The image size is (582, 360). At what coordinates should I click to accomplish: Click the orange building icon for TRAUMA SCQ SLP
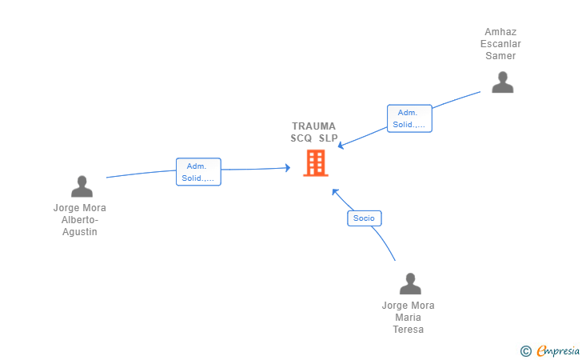point(316,163)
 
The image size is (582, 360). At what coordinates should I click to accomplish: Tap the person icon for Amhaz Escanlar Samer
point(502,82)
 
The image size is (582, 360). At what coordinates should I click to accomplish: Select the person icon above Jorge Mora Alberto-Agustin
point(82,186)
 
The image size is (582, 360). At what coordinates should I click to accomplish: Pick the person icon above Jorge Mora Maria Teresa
point(410,284)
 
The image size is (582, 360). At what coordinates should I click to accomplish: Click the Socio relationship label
point(365,218)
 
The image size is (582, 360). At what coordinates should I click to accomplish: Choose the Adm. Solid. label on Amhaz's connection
point(409,118)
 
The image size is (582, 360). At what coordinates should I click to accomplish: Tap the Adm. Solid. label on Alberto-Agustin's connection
point(198,172)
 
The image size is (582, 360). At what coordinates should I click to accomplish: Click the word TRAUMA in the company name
point(314,126)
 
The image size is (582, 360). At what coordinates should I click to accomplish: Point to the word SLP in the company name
point(328,138)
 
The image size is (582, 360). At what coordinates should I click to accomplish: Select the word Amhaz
point(500,32)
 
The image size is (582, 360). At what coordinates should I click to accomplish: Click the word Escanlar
point(500,44)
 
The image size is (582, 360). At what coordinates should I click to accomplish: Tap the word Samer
point(500,56)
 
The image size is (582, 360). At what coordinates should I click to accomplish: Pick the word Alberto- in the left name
point(80,220)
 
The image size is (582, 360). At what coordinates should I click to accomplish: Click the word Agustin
point(80,232)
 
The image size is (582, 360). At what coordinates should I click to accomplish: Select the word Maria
point(408,318)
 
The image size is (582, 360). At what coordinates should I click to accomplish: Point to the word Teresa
point(408,330)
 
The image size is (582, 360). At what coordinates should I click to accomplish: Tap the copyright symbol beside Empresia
point(525,350)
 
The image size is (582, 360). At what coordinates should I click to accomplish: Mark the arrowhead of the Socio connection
point(335,190)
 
